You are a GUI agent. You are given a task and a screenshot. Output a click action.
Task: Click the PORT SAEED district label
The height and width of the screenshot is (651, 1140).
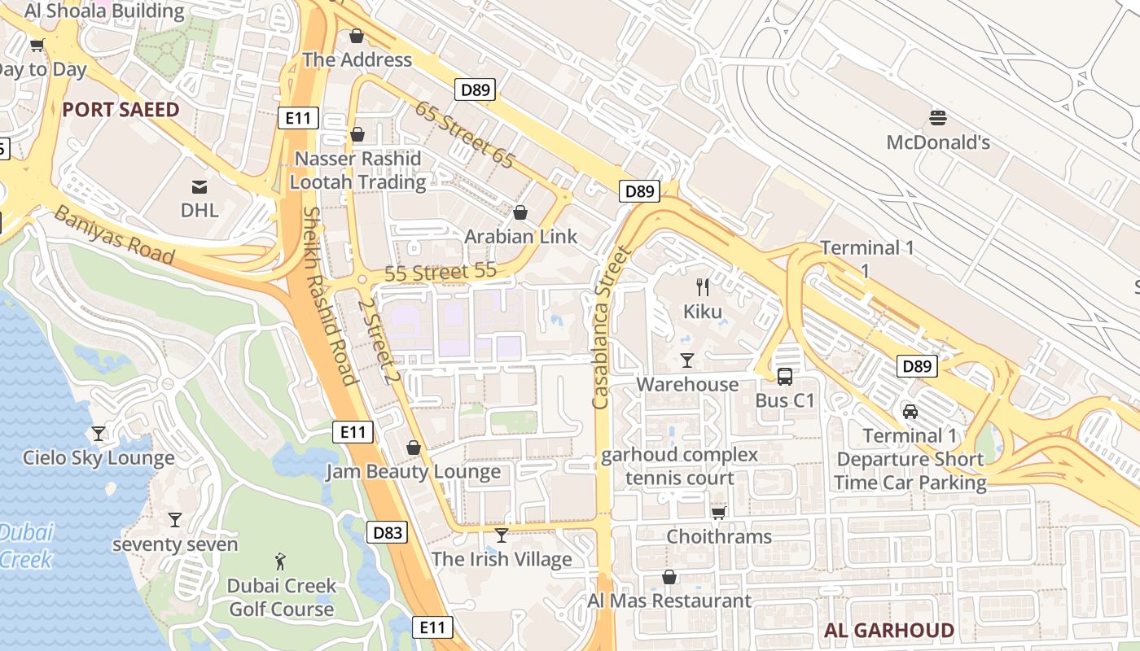point(121,110)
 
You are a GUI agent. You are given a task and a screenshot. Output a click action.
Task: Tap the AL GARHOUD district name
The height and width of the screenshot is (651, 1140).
point(888,630)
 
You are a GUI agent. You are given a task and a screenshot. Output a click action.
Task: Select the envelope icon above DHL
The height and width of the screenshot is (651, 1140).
point(199,187)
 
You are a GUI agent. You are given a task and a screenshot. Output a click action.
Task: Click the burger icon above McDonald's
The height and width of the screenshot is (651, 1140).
point(937,117)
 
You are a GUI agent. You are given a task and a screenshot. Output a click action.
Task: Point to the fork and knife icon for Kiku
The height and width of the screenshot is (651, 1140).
point(703,286)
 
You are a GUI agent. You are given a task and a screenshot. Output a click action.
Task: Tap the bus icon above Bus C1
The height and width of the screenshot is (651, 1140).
point(784,376)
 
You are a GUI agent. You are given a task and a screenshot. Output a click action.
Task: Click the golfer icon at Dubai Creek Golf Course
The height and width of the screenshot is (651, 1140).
point(281,561)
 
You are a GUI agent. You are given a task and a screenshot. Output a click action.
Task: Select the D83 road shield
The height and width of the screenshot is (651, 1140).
point(388,533)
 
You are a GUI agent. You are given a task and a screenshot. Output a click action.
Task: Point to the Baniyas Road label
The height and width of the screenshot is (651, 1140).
point(114,234)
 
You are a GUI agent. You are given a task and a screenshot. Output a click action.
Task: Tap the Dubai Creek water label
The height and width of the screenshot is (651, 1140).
point(26,546)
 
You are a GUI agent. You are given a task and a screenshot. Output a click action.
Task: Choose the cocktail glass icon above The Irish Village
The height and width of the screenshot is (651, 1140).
point(502,535)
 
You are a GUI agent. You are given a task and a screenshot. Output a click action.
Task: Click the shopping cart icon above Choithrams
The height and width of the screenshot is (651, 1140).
point(718,513)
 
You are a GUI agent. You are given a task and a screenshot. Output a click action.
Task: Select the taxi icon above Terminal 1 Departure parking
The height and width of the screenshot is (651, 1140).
point(910,412)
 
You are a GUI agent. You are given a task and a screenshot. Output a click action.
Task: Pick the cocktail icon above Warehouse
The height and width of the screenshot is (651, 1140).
point(687,360)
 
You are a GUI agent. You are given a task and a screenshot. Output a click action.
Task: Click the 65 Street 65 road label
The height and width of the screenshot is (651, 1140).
point(465,134)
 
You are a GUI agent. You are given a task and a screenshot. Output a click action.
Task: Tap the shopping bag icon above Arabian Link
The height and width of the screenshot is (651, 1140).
point(520,212)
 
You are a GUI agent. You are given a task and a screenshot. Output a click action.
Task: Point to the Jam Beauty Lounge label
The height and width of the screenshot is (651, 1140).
point(414,472)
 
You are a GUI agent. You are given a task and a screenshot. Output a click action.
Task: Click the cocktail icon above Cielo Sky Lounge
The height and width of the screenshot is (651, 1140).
point(99,434)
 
